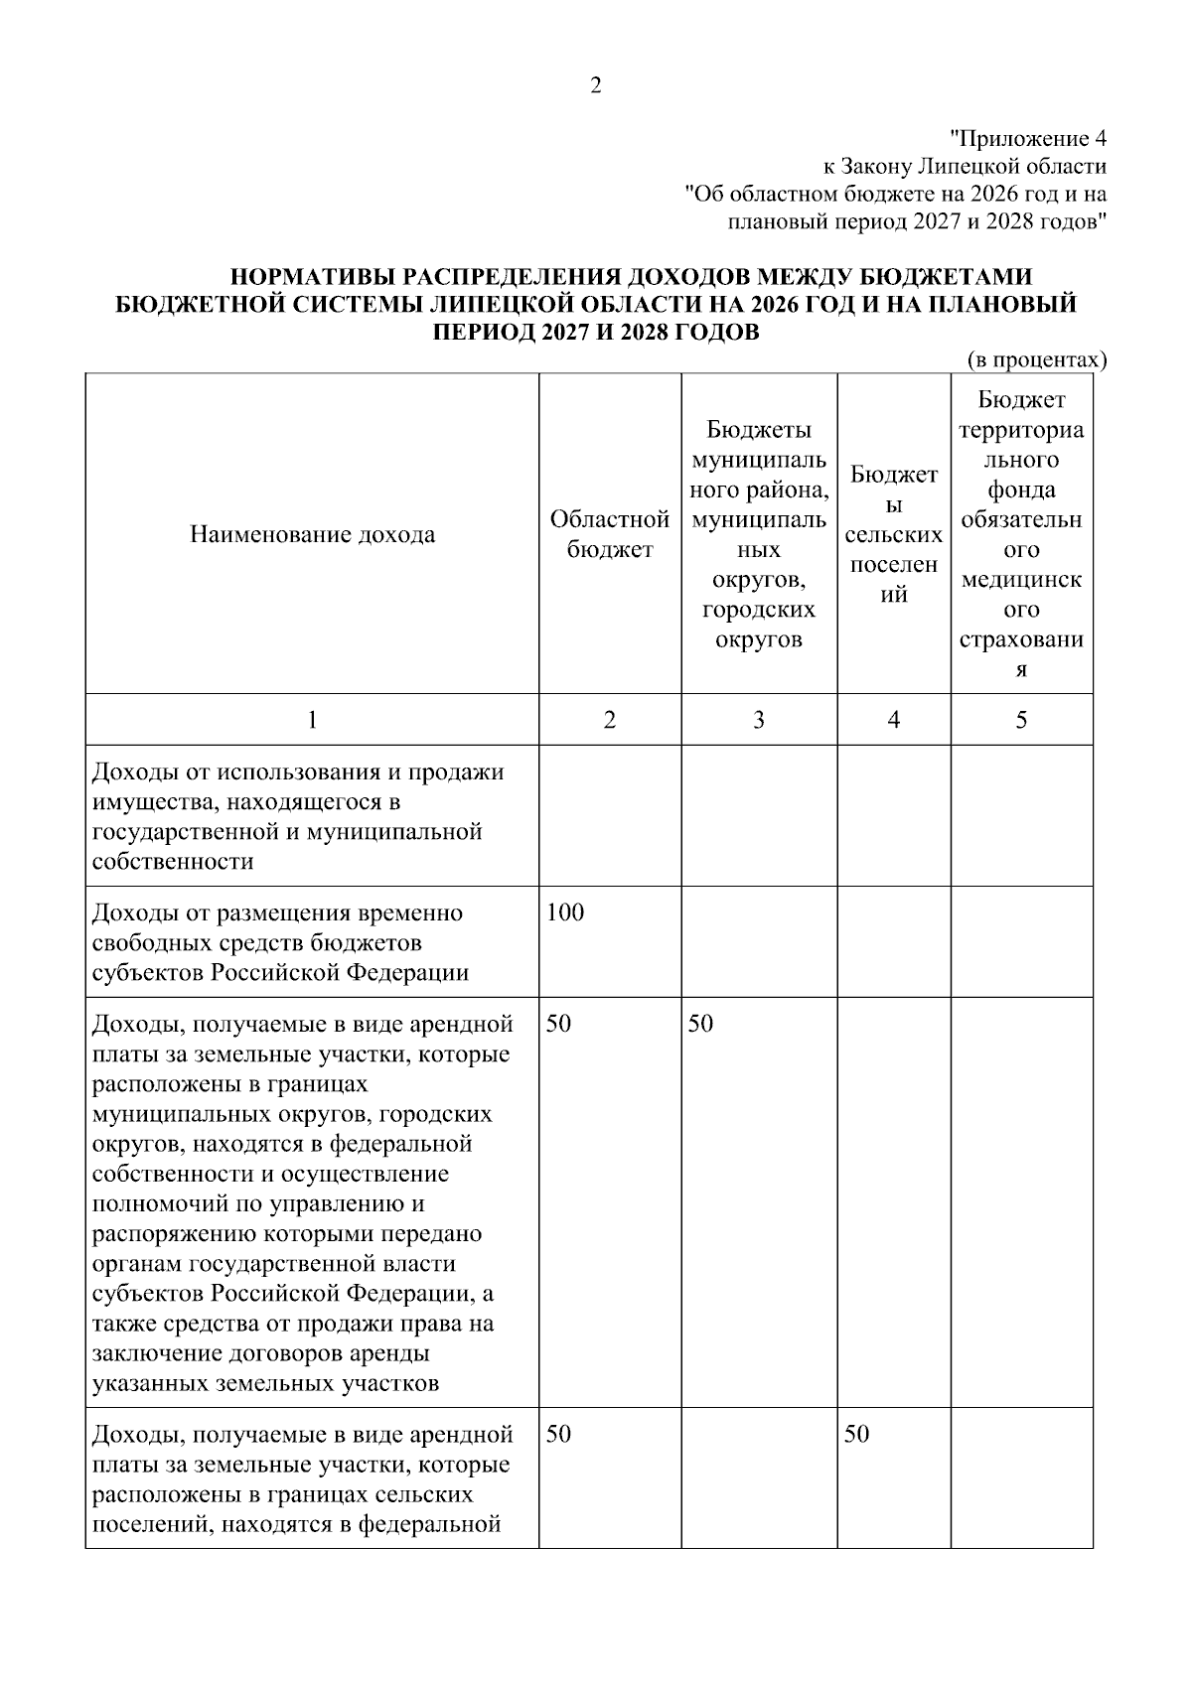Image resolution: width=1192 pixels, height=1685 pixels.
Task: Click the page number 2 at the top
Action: pos(595,86)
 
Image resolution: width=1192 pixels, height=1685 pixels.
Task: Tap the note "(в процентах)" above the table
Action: pos(1036,359)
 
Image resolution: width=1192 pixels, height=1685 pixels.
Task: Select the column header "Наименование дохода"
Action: pos(312,535)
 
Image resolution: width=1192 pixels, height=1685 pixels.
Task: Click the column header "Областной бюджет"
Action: pos(610,534)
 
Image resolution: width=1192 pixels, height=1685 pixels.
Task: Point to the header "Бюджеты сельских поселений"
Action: pos(894,534)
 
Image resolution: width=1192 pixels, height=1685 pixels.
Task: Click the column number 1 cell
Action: pos(312,720)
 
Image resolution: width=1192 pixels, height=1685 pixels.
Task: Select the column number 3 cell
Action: pos(759,720)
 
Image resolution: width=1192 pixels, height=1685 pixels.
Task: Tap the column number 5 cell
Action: pos(1021,720)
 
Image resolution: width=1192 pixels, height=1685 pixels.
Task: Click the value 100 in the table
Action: pos(565,913)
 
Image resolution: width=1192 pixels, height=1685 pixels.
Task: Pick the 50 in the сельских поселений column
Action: pos(856,1434)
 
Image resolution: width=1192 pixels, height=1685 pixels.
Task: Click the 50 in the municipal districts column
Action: pos(700,1024)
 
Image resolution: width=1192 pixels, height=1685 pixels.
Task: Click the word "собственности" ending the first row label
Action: pos(172,862)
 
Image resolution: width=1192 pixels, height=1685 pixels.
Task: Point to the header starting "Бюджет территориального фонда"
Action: pos(1021,534)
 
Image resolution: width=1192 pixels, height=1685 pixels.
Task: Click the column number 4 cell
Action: pos(894,720)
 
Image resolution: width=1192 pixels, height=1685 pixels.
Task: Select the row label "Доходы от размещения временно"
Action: pos(277,913)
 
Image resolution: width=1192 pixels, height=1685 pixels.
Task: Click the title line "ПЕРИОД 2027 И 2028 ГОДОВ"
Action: pos(596,333)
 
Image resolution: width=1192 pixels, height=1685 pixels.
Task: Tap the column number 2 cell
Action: pos(610,720)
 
